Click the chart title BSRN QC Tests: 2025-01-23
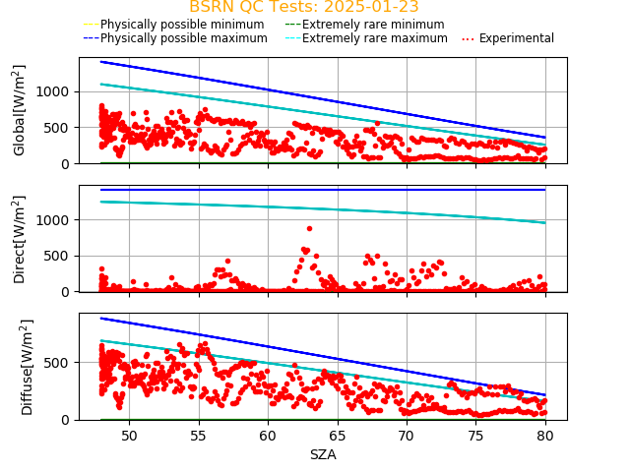click(303, 7)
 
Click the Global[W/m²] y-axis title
click(20, 110)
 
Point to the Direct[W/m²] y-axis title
click(20, 239)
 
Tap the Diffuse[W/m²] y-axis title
click(20, 366)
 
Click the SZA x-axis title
click(323, 454)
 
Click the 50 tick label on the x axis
click(129, 435)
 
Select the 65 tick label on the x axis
click(338, 435)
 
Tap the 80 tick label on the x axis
click(545, 435)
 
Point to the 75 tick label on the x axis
click(476, 435)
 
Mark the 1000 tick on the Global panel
click(58, 91)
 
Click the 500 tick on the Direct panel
click(61, 256)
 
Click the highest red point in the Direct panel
click(309, 228)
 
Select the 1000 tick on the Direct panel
click(58, 220)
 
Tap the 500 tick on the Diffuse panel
click(61, 363)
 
